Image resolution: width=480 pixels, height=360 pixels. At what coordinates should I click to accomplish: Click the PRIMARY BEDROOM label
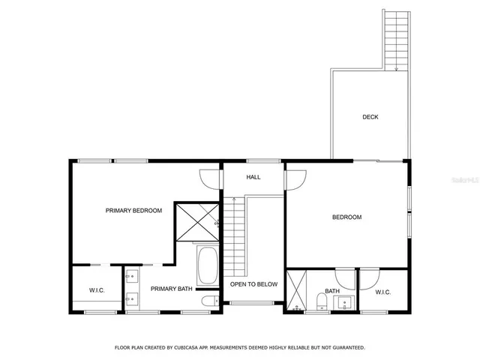(133, 211)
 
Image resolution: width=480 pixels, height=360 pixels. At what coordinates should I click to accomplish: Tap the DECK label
(370, 117)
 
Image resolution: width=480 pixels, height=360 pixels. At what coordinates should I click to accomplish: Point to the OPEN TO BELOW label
(253, 284)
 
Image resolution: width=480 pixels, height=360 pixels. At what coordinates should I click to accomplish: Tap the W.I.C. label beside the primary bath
(97, 290)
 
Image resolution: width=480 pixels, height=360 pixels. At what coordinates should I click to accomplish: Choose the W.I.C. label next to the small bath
(382, 292)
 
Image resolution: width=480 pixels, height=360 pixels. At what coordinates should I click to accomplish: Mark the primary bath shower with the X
(196, 223)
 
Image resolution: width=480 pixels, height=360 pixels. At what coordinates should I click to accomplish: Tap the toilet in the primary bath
(209, 301)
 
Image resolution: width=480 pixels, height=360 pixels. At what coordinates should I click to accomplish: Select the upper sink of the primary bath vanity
(131, 275)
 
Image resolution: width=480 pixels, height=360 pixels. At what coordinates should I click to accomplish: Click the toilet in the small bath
(321, 301)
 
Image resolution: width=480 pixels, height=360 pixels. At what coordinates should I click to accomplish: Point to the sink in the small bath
(346, 303)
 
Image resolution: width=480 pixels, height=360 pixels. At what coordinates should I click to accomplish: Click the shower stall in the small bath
(296, 290)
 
